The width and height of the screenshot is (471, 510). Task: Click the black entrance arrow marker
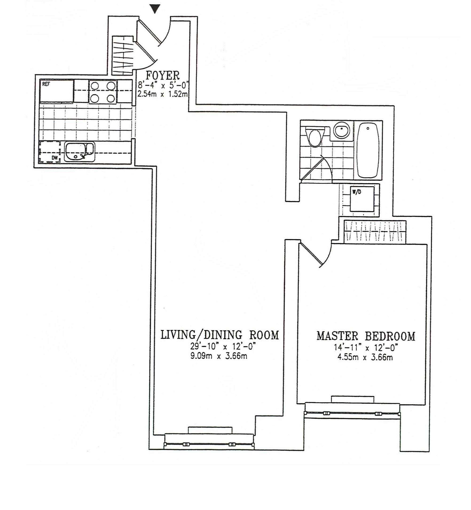pyautogui.click(x=155, y=9)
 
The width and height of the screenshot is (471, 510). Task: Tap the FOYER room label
pyautogui.click(x=163, y=76)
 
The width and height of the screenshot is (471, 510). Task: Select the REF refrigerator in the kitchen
pyautogui.click(x=57, y=91)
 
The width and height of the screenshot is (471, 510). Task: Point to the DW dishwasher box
pyautogui.click(x=50, y=152)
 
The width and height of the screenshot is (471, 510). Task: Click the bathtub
pyautogui.click(x=368, y=150)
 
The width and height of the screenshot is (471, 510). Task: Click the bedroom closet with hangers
pyautogui.click(x=375, y=232)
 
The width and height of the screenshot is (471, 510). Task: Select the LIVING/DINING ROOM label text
pyautogui.click(x=220, y=335)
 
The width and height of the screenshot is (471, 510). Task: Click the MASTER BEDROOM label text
pyautogui.click(x=366, y=336)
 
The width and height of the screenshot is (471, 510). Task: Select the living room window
pyautogui.click(x=209, y=444)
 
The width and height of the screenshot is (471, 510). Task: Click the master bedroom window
pyautogui.click(x=352, y=413)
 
